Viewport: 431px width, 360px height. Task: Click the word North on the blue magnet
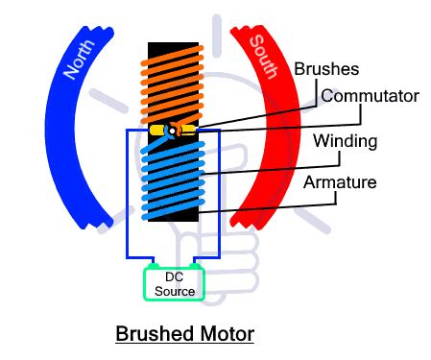(x=80, y=60)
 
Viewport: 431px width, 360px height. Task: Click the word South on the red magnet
(x=264, y=57)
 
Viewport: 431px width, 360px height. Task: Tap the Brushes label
(x=326, y=69)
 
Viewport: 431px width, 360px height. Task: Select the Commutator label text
(x=370, y=96)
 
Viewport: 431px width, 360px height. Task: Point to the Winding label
(x=346, y=141)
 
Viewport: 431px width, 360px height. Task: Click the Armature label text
(x=340, y=182)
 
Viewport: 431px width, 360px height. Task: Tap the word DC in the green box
(x=175, y=276)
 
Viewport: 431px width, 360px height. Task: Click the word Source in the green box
(x=175, y=291)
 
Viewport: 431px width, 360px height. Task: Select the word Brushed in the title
(x=153, y=333)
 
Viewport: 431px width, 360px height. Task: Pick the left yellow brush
(x=158, y=131)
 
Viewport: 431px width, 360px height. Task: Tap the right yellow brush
(x=188, y=130)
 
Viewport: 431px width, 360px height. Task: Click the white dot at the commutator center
(x=172, y=131)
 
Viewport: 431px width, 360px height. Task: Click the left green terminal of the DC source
(x=153, y=266)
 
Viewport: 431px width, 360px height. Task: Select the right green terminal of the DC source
(x=195, y=266)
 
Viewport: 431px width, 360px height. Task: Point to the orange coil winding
(x=172, y=84)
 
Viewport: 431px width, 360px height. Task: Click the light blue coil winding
(x=173, y=180)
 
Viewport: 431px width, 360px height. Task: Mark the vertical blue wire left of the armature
(x=127, y=194)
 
